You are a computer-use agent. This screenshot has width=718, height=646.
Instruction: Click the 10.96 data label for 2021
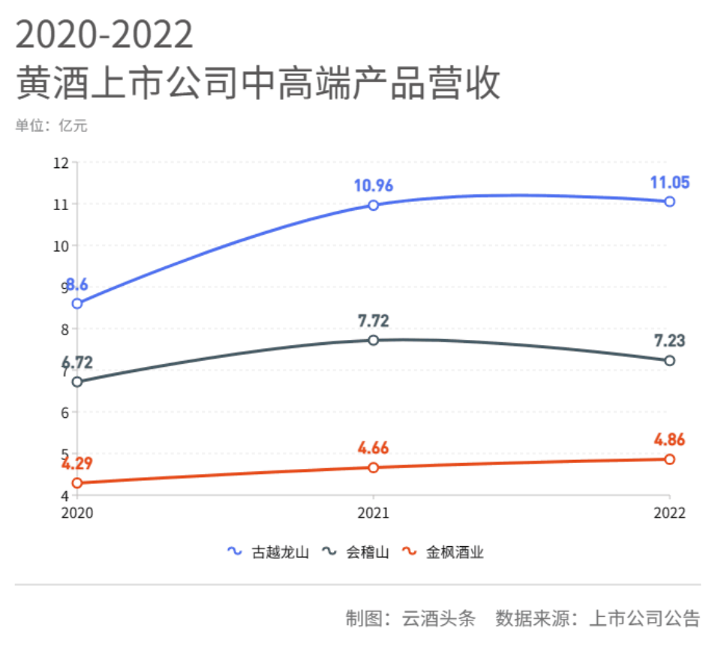click(374, 185)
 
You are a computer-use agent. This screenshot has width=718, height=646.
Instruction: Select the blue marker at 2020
click(77, 303)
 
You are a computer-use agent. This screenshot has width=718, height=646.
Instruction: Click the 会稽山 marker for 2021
click(374, 340)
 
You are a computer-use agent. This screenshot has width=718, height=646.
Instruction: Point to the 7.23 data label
click(668, 341)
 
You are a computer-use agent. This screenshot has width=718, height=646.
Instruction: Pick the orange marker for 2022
click(670, 459)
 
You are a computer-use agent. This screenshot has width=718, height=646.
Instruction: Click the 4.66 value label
click(374, 449)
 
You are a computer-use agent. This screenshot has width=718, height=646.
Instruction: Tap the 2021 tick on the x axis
click(374, 513)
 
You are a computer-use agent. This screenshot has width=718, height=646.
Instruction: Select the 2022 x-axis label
click(669, 513)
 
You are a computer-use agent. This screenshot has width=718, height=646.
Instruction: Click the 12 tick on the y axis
click(62, 163)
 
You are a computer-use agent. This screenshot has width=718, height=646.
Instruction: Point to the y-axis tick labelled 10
click(62, 245)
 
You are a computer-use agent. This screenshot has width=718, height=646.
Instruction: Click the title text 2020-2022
click(104, 35)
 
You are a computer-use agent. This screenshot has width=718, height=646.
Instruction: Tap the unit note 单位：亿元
click(51, 126)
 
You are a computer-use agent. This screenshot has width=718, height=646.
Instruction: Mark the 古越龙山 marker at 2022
click(670, 201)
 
